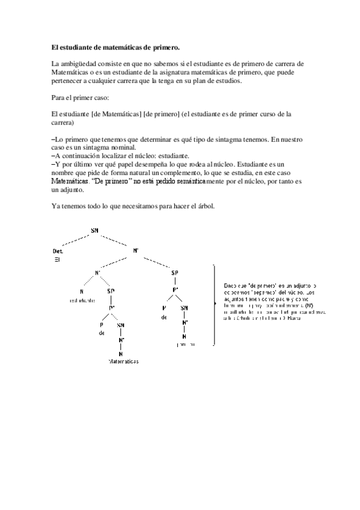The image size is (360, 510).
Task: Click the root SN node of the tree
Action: point(94,230)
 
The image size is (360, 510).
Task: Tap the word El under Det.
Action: point(58,260)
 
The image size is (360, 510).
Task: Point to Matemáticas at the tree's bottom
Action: point(123,362)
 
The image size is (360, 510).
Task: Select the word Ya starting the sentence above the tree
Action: point(56,206)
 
